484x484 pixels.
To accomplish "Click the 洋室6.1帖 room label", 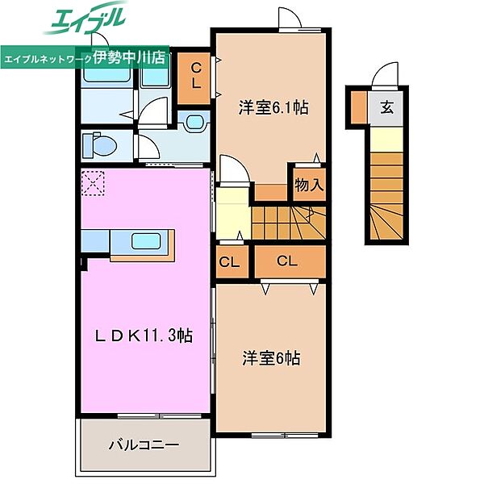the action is [x=273, y=107].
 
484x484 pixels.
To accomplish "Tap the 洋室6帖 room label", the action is [x=271, y=358].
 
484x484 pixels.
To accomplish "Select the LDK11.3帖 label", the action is [x=144, y=336].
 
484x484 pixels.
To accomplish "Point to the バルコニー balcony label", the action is [x=144, y=444].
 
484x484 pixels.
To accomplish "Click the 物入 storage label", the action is [x=309, y=185].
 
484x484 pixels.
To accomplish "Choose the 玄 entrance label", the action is [x=386, y=108].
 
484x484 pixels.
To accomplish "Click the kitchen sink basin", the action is [x=146, y=240].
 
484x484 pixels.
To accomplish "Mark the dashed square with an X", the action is [x=93, y=183].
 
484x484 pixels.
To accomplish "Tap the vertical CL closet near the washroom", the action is [x=194, y=77].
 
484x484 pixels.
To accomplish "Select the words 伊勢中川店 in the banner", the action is [x=129, y=58].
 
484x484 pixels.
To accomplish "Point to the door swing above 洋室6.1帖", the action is [x=290, y=19].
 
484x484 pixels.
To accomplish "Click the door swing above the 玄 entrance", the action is [x=386, y=74].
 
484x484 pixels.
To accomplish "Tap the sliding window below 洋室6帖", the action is [x=285, y=436].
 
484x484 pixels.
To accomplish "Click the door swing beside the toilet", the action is [x=148, y=148].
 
